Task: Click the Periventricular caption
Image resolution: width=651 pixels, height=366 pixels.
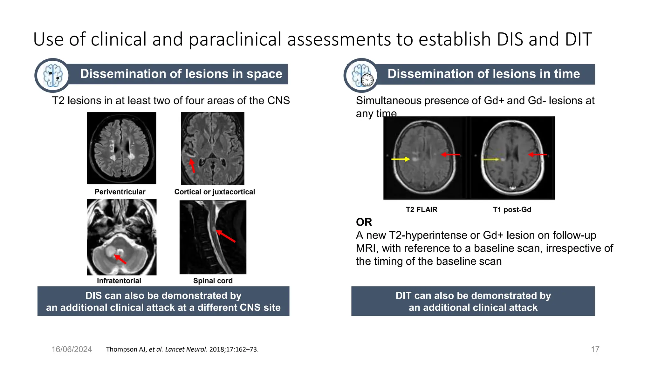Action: [120, 192]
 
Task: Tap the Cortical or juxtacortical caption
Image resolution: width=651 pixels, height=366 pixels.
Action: [215, 192]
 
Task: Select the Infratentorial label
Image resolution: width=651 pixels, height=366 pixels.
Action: [119, 281]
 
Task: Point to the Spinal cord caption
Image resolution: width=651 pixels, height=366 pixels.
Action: [213, 281]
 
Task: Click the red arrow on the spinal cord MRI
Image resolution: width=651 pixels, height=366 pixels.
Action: [226, 236]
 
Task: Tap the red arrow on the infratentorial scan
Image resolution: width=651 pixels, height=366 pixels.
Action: [120, 259]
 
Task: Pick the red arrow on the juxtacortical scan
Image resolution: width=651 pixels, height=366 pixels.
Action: [192, 166]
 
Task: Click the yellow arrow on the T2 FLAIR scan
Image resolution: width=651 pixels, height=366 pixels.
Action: [401, 159]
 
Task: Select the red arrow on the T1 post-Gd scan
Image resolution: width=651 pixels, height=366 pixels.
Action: [538, 155]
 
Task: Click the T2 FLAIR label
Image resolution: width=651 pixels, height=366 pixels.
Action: [421, 210]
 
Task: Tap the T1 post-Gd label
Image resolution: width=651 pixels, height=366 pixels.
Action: [512, 210]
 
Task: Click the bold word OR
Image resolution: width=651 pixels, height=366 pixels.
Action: [364, 222]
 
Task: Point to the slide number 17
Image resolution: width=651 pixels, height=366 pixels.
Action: [595, 349]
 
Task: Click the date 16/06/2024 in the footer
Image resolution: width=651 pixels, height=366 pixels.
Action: [72, 349]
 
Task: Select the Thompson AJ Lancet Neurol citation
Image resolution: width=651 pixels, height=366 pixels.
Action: [182, 349]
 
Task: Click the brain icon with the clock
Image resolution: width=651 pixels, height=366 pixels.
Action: [362, 75]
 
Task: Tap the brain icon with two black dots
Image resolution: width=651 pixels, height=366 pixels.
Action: [52, 75]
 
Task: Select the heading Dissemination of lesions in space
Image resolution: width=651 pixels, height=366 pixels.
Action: [181, 74]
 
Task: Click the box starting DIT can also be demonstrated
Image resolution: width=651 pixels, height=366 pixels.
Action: [473, 301]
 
